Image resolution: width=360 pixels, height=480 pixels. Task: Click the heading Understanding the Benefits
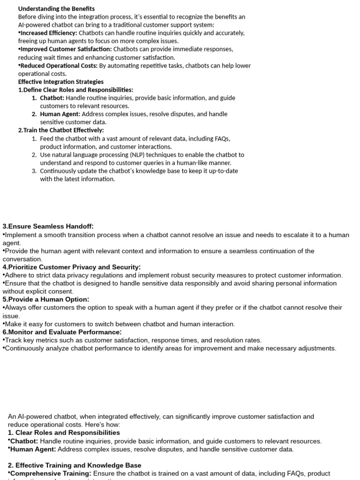click(x=56, y=8)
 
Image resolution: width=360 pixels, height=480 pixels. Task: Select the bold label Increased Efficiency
click(x=48, y=33)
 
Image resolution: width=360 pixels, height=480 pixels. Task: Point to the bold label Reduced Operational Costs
click(x=59, y=66)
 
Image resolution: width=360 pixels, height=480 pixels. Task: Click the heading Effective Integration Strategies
click(x=61, y=82)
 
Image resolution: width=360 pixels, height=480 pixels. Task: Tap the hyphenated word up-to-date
click(x=223, y=171)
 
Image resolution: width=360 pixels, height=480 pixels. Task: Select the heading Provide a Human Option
click(x=47, y=299)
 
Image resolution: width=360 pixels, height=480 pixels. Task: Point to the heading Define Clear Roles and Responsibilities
click(x=78, y=90)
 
